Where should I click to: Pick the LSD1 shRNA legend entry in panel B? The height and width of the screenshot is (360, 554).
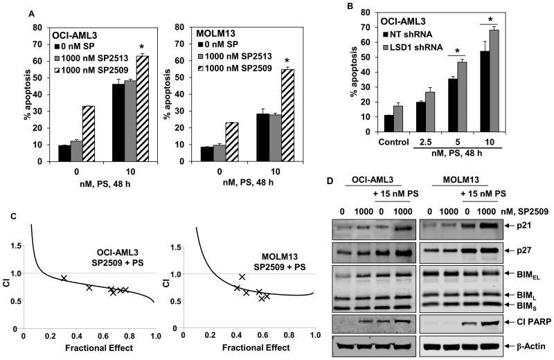tap(419, 42)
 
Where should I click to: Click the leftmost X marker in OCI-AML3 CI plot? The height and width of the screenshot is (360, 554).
tap(64, 278)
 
